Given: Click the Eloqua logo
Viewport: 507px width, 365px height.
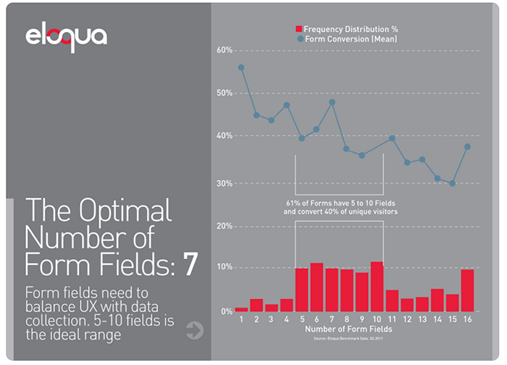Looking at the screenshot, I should click(66, 36).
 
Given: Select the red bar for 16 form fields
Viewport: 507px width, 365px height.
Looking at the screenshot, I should click(467, 291).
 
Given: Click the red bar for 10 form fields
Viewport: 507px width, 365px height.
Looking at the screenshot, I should click(377, 287).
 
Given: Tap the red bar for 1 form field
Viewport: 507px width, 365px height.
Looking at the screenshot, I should click(241, 310).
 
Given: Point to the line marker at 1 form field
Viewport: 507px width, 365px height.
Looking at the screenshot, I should click(241, 67).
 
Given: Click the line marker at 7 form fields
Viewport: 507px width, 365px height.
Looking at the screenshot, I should click(332, 102).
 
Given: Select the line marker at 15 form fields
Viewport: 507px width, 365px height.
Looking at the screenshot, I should click(453, 184).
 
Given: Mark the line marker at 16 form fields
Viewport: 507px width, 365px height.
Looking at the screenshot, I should click(468, 147).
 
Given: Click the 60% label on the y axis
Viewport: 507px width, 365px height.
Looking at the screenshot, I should click(224, 51).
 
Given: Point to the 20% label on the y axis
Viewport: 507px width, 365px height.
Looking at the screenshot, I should click(224, 226).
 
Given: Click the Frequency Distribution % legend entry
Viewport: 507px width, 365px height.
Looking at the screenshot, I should click(347, 29).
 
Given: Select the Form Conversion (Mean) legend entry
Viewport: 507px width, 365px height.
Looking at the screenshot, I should click(347, 39).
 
